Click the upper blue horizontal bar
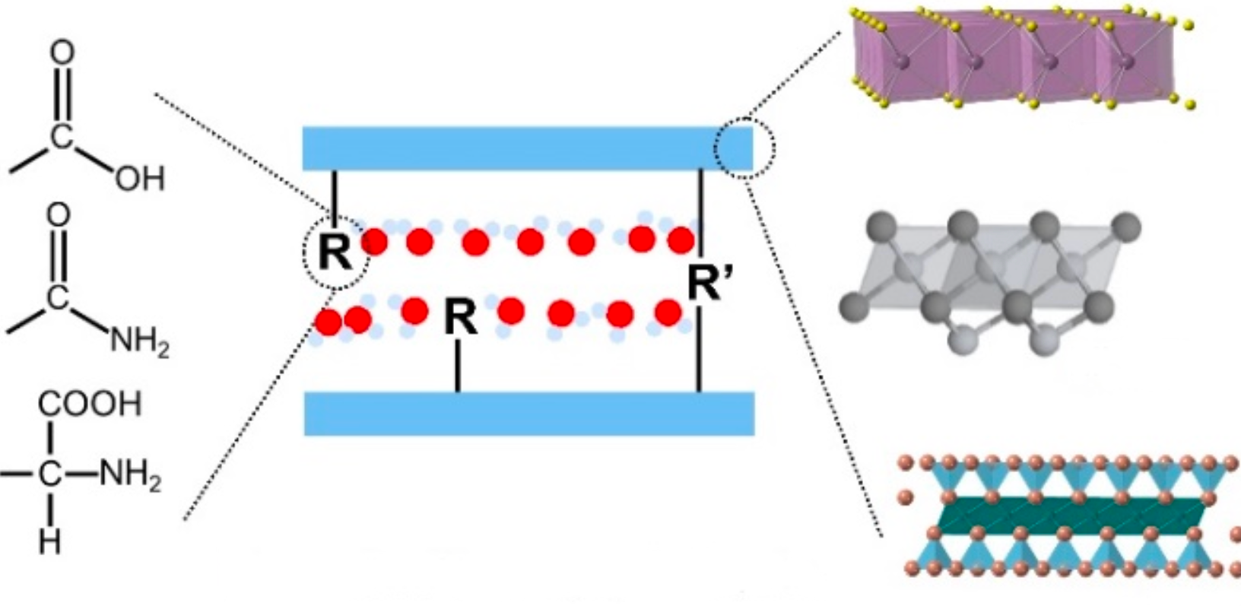point(528,148)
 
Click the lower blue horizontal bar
point(529,413)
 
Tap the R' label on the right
point(705,283)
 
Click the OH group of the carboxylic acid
point(140,179)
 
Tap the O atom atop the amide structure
point(59,214)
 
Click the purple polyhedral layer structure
point(1020,58)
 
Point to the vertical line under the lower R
point(458,366)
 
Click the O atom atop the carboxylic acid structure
point(62,52)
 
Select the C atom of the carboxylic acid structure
point(62,135)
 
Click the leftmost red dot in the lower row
point(328,322)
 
